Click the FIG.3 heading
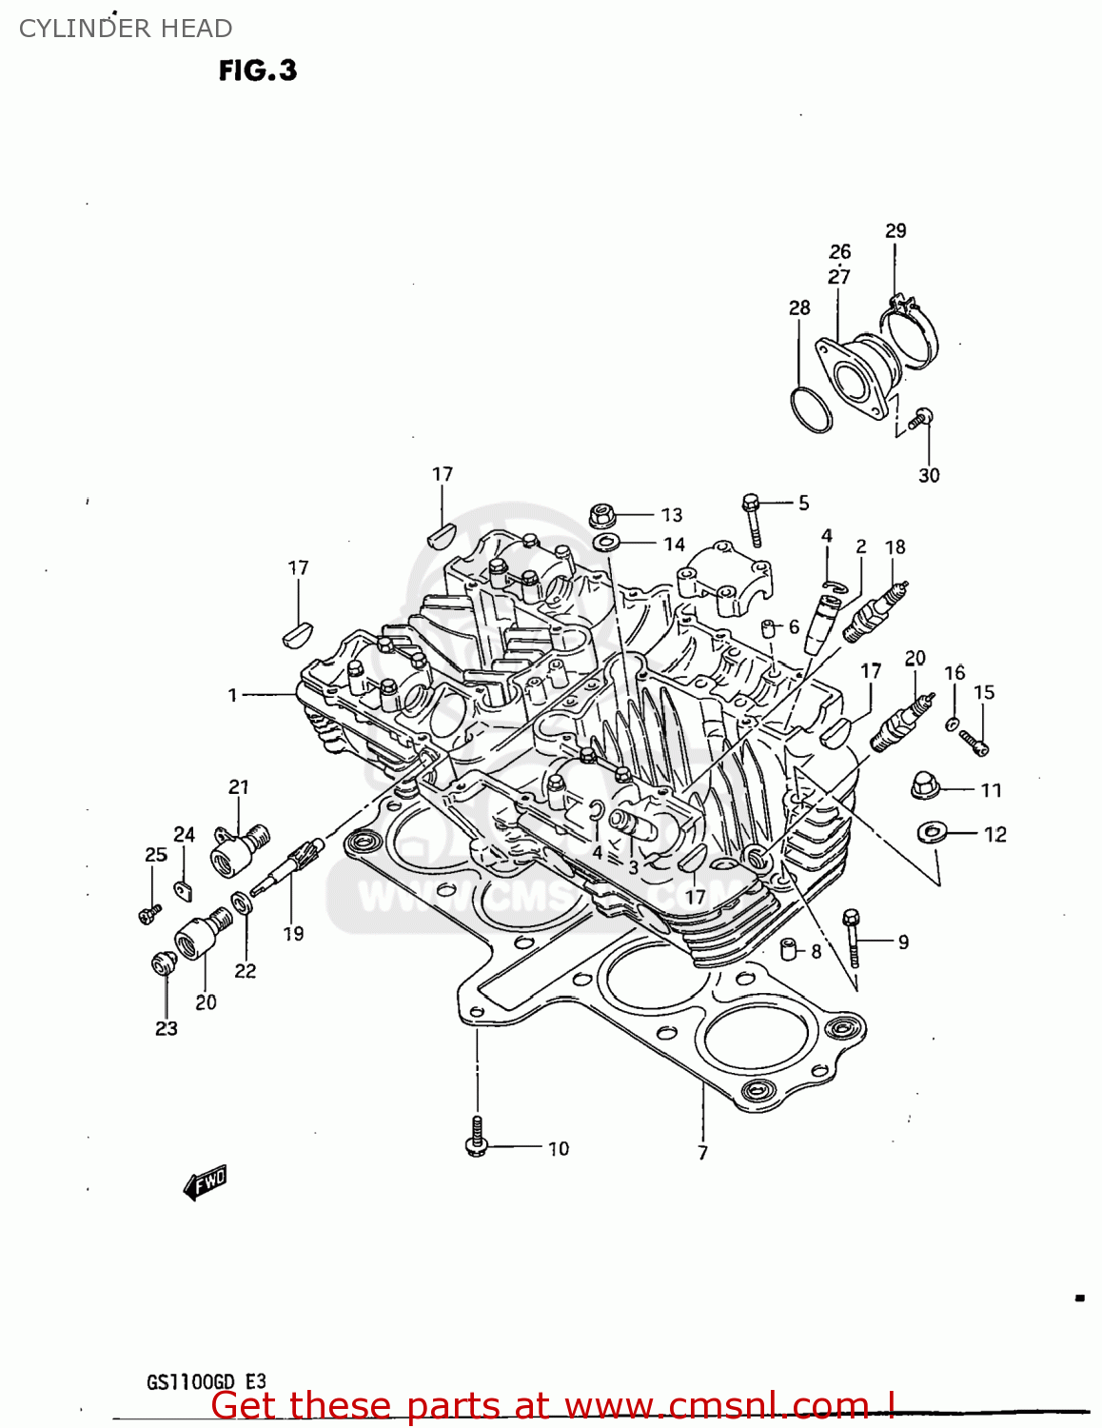pyautogui.click(x=257, y=70)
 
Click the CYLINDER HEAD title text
pyautogui.click(x=126, y=29)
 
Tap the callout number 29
pyautogui.click(x=895, y=230)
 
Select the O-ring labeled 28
pyautogui.click(x=810, y=409)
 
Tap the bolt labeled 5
pyautogui.click(x=752, y=519)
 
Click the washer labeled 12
pyautogui.click(x=930, y=833)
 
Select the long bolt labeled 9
pyautogui.click(x=852, y=938)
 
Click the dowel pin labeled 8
pyautogui.click(x=788, y=949)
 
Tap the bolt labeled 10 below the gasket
pyautogui.click(x=477, y=1139)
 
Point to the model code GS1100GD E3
pyautogui.click(x=207, y=1382)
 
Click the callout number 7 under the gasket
pyautogui.click(x=702, y=1153)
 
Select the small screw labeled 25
pyautogui.click(x=148, y=913)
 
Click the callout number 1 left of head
pyautogui.click(x=232, y=695)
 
